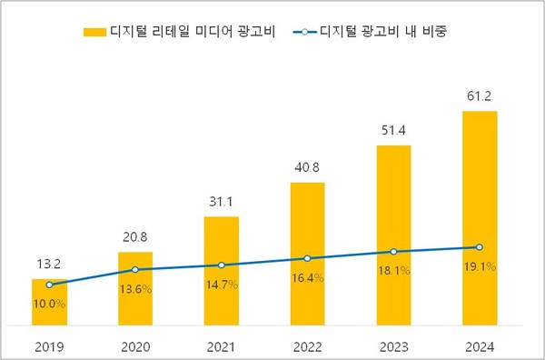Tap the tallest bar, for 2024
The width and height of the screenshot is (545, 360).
(480, 218)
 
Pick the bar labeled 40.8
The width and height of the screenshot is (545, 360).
(307, 254)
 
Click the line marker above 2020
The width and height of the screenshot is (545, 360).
(135, 269)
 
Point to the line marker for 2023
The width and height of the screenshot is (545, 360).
(393, 252)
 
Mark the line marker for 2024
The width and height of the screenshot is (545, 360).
(480, 247)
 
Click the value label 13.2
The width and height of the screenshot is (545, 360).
(49, 265)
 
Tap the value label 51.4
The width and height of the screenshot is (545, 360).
(393, 131)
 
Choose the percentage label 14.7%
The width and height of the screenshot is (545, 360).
(221, 285)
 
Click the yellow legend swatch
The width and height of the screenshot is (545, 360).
(94, 32)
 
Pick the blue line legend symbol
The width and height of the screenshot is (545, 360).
(306, 32)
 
